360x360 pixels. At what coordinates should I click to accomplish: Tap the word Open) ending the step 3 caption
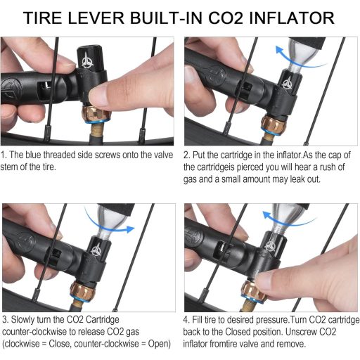tap(158, 344)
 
